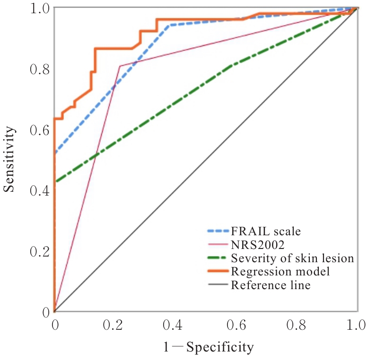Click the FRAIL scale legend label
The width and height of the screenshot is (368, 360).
266,231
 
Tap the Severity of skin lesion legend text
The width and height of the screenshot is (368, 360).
292,258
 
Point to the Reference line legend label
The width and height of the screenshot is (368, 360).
271,285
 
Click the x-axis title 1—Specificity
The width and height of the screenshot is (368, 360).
209,348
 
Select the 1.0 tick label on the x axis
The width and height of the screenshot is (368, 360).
355,326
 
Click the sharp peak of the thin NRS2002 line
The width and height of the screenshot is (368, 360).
120,66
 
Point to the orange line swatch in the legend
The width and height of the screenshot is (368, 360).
218,272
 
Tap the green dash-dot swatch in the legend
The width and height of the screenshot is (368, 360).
218,258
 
